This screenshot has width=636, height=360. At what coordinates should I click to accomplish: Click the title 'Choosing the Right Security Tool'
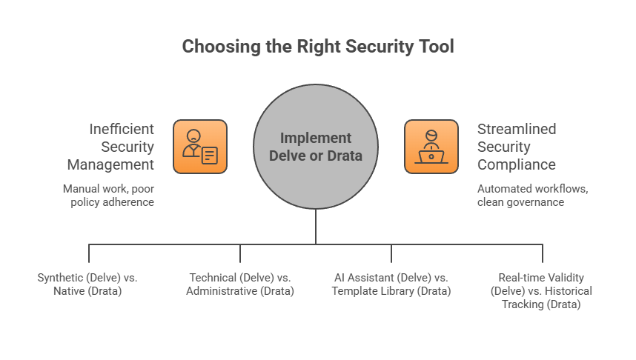[318, 47]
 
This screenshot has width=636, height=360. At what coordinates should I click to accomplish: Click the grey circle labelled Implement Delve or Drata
[316, 147]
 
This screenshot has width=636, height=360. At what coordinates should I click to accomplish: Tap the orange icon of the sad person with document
[200, 147]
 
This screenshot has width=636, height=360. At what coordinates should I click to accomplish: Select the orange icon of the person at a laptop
[431, 147]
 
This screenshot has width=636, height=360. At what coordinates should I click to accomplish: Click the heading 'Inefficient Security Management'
[110, 146]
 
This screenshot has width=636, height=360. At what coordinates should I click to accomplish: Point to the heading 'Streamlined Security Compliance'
[517, 146]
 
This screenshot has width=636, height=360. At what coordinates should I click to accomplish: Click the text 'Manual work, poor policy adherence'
[108, 195]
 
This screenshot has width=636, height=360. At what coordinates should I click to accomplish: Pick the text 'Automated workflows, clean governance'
[533, 195]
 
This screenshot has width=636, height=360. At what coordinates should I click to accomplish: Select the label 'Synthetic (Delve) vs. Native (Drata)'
[88, 284]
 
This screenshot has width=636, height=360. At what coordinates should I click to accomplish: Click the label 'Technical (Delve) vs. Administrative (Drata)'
[240, 284]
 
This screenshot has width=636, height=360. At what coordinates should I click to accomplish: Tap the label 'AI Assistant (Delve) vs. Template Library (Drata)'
[391, 284]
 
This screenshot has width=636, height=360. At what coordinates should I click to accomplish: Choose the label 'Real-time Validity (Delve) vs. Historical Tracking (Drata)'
[542, 290]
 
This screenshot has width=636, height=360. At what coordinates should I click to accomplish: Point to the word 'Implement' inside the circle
[316, 138]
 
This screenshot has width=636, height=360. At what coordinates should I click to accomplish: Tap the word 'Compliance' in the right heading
[517, 164]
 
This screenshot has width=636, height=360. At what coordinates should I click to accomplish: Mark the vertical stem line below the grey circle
[316, 226]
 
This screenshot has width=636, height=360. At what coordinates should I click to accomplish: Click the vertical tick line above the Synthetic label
[89, 253]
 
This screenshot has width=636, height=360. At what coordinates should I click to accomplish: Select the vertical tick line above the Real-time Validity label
[543, 253]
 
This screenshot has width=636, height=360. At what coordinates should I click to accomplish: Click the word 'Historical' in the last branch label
[568, 290]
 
